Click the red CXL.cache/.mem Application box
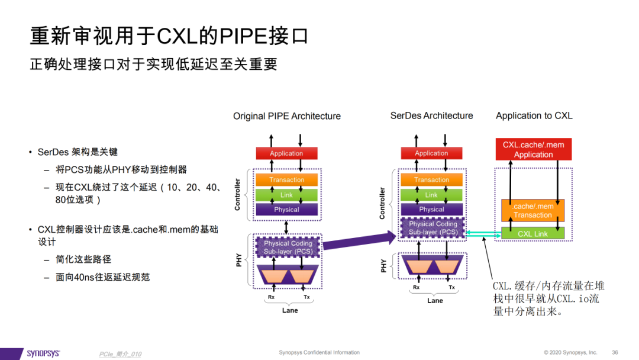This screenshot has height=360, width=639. click(x=534, y=149)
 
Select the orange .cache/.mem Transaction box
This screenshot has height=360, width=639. click(x=532, y=210)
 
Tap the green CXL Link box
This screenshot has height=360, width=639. click(x=532, y=233)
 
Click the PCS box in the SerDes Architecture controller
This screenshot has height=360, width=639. click(x=433, y=228)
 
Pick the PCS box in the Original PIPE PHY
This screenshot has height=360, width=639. click(x=288, y=247)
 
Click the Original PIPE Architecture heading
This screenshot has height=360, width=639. click(x=287, y=116)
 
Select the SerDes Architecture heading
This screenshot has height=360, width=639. click(x=431, y=116)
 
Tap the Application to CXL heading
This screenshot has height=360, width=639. click(x=534, y=116)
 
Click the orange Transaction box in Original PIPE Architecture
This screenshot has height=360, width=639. click(x=286, y=180)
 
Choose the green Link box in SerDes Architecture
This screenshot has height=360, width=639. click(x=431, y=195)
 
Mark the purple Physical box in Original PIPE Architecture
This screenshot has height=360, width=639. click(x=286, y=210)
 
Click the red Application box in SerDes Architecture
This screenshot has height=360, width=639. click(x=431, y=153)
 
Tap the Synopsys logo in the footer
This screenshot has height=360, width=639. click(x=43, y=353)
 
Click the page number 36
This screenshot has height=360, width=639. click(x=615, y=352)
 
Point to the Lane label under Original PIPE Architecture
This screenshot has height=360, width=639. click(x=290, y=310)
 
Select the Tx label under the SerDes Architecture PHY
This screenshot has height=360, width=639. click(x=451, y=287)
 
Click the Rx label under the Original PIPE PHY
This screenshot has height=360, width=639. click(x=271, y=297)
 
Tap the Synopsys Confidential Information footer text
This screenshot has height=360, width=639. click(x=319, y=352)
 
